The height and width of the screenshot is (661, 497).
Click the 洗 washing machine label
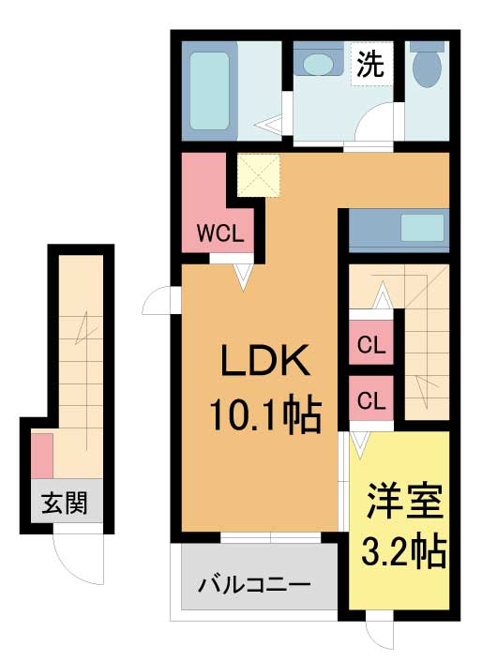pos(370,65)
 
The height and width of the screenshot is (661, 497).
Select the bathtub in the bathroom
pos(209,91)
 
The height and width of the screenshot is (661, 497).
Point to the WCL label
pos(220,233)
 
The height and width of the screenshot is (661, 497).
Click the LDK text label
pos(265,360)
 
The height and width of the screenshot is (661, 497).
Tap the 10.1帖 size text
pos(265,415)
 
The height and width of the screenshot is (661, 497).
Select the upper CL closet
pos(371,342)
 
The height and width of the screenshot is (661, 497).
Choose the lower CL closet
pos(371,398)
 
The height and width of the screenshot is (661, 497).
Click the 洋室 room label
pos(405,502)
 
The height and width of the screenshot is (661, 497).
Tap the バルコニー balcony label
pos(255,585)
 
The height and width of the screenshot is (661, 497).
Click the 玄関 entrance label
pos(65,503)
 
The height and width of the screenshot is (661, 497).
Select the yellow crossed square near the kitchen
pos(259,175)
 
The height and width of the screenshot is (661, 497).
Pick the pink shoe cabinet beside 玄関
pos(42,456)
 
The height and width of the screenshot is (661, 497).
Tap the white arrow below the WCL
pos(243,277)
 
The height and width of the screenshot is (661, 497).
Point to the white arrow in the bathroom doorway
pos(269,126)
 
